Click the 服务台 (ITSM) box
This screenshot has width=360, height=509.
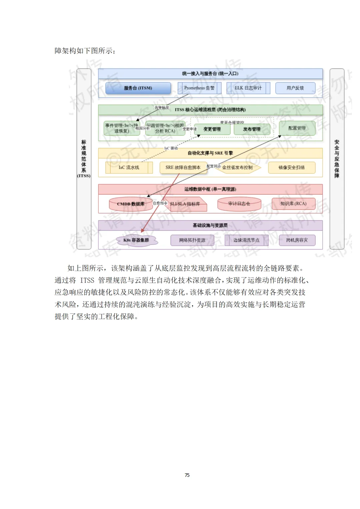pos(138,88)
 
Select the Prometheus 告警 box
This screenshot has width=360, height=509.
pos(199,88)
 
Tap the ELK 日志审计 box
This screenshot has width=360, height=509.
pos(248,88)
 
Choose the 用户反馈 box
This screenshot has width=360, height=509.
pos(295,88)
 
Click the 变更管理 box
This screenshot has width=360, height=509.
pos(212,129)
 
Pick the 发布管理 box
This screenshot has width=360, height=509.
pos(252,129)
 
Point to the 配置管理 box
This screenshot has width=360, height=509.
pos(297,128)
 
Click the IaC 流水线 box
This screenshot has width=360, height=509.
pos(129,168)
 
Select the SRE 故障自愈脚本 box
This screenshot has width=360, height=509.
pos(183,168)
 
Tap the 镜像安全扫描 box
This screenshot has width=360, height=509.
pos(291,168)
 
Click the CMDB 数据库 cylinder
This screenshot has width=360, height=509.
pos(130,204)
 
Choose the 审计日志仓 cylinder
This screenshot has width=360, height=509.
pos(239,204)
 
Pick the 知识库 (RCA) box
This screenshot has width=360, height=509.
pos(293,204)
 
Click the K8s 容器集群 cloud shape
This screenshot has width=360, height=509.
pos(136,240)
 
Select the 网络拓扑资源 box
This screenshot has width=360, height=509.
pos(192,240)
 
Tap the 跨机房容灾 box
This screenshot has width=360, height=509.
pos(297,240)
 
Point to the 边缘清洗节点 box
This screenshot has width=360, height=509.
pos(246,240)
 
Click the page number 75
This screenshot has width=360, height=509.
pos(187,475)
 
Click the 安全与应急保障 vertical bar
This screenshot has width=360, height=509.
pos(337,159)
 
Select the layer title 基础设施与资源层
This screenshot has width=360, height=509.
pos(210,226)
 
